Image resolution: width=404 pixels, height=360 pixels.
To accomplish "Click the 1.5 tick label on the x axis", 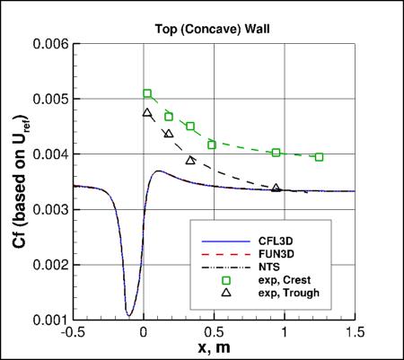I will pyautogui.click(x=356, y=331).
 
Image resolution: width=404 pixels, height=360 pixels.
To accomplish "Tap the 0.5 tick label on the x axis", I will pyautogui.click(x=215, y=331).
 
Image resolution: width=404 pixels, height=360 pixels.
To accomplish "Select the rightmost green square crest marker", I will pyautogui.click(x=320, y=157).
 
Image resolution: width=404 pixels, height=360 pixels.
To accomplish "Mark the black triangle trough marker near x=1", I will pyautogui.click(x=277, y=188).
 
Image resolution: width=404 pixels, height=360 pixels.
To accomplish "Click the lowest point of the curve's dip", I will pyautogui.click(x=129, y=315).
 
